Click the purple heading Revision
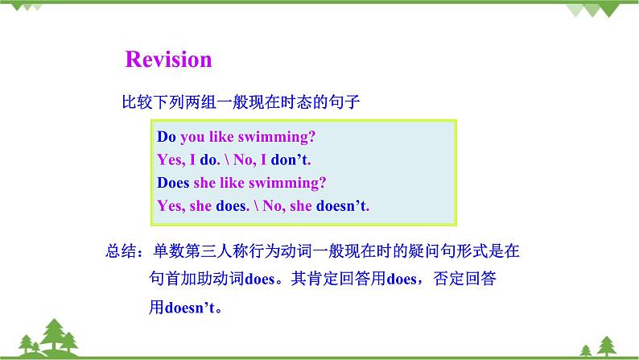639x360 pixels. (x=168, y=60)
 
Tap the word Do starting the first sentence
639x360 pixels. (x=167, y=137)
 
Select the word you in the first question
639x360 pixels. (x=192, y=138)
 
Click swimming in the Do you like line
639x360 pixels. (x=276, y=138)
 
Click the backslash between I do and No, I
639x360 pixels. (x=227, y=159)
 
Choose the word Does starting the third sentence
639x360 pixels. (x=173, y=183)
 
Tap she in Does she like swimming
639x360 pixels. (x=204, y=183)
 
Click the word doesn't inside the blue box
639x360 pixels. (x=341, y=206)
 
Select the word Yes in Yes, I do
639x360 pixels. (x=170, y=159)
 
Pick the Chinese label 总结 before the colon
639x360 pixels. (x=121, y=250)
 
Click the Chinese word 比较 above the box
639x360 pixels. (x=138, y=101)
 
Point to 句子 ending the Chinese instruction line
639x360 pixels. (x=344, y=101)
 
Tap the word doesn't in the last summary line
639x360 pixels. (x=189, y=308)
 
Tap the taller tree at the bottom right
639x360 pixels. (x=607, y=346)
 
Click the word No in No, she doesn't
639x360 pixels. (x=272, y=206)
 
